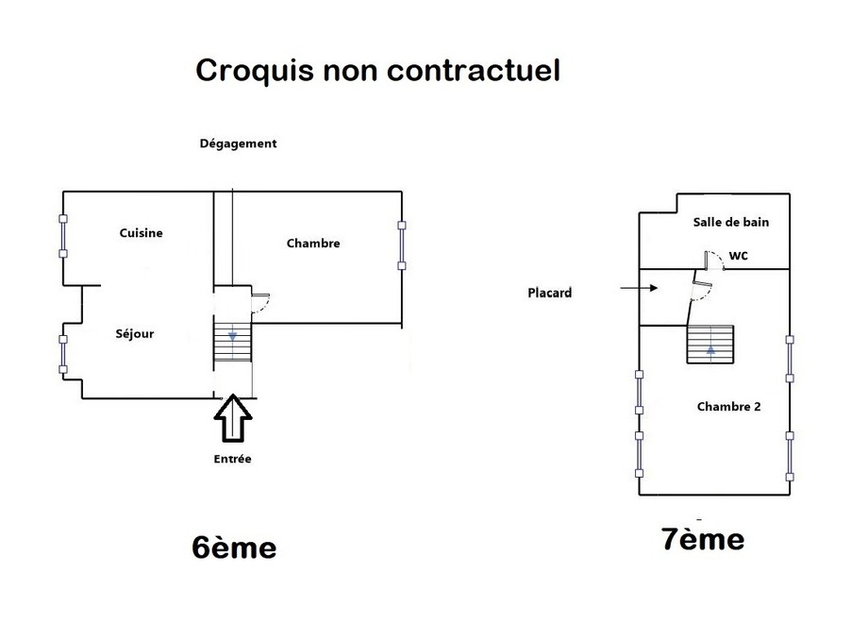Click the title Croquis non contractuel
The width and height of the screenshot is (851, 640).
[377, 71]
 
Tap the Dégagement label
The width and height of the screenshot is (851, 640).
[238, 144]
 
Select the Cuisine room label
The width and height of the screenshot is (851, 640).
[141, 233]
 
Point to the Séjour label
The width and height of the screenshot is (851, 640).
[134, 333]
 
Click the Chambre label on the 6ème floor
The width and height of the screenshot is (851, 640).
[313, 244]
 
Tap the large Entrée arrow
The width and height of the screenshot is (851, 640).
[233, 419]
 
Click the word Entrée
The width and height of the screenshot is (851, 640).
[232, 459]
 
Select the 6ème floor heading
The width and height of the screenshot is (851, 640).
[234, 547]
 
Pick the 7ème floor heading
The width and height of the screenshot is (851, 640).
[703, 539]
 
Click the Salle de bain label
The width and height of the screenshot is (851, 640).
[730, 223]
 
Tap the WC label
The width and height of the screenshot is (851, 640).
[738, 256]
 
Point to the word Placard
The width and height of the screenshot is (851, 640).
[549, 293]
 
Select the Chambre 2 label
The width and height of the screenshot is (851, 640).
[728, 407]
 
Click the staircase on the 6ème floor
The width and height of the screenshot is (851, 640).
[232, 341]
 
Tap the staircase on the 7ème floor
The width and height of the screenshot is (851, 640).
[709, 344]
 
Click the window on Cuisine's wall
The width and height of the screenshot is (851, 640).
[63, 236]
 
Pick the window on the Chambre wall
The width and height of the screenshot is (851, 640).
[401, 245]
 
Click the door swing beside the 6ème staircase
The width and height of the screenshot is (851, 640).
[261, 303]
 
